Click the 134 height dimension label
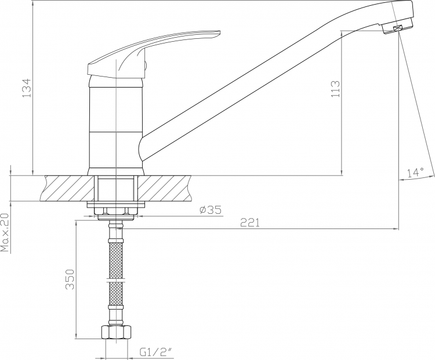[x=26, y=88]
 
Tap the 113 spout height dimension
[x=335, y=89]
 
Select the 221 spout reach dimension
[x=250, y=223]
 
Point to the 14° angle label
[x=415, y=172]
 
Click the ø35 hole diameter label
[x=211, y=210]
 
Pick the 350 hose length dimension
[x=70, y=279]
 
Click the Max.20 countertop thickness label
[x=5, y=232]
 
